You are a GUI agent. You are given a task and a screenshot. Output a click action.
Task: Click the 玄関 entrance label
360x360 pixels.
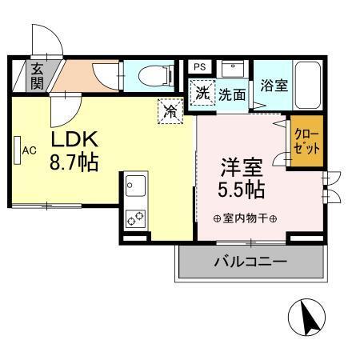click(x=38, y=75)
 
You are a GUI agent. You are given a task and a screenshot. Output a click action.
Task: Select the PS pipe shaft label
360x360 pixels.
click(x=200, y=66)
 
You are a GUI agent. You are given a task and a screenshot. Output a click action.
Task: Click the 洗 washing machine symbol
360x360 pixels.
click(x=203, y=93)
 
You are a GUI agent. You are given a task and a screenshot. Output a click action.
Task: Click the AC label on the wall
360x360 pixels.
click(x=30, y=150)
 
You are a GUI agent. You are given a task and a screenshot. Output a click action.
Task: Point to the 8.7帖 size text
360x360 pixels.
click(x=74, y=163)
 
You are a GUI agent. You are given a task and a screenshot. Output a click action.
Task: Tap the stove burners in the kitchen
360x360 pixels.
click(x=134, y=216)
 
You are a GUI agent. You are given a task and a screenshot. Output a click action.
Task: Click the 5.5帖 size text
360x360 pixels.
click(x=243, y=192)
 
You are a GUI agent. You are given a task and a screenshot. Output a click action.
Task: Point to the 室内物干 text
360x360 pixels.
click(x=245, y=218)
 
